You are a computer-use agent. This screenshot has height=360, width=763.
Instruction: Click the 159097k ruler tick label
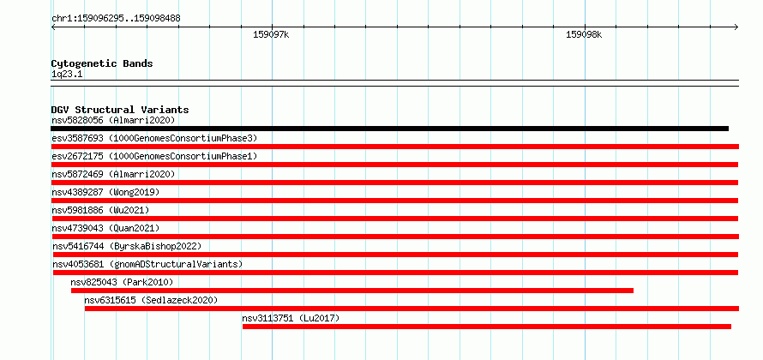(271, 34)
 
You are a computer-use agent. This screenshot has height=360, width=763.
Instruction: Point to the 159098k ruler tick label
(584, 34)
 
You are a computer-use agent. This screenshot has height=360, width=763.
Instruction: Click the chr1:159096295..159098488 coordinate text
(116, 19)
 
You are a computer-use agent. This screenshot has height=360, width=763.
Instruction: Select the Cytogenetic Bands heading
(102, 63)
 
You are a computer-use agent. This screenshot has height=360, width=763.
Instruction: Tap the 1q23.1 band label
(65, 75)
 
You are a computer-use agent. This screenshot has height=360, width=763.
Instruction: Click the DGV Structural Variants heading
(120, 110)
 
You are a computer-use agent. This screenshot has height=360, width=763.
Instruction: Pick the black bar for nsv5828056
(389, 129)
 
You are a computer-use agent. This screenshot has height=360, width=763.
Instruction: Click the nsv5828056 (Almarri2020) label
(113, 120)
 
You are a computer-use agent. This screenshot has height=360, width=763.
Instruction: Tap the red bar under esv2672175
(394, 165)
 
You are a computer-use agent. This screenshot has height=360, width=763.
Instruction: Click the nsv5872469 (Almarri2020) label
(113, 174)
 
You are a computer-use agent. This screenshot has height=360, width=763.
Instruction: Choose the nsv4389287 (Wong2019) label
(105, 192)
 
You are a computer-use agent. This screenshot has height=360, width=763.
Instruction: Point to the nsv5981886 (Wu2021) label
(100, 210)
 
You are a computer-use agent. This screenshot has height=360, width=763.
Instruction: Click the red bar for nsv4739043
(395, 237)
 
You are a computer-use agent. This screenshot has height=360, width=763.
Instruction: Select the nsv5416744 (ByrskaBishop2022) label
(127, 246)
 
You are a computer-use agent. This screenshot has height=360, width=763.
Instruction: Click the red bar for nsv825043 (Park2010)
(352, 291)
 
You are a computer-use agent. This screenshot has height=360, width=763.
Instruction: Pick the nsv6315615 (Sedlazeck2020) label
(151, 300)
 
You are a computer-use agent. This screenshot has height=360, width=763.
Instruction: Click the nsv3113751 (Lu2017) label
(291, 318)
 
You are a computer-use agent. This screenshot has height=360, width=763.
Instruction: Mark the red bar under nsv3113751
(487, 327)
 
